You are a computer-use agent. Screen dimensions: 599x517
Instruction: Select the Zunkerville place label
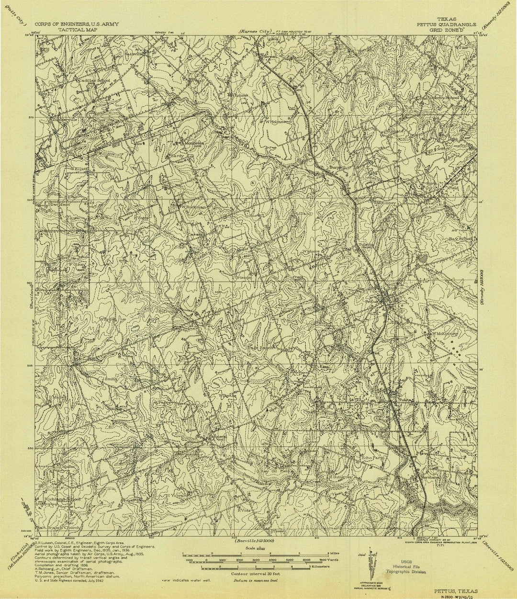click(54, 120)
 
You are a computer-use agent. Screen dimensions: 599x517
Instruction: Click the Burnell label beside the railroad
click(337, 167)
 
